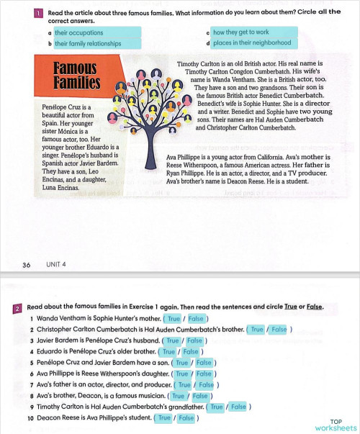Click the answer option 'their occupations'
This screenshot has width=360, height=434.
tap(79, 32)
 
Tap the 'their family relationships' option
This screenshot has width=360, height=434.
tap(90, 43)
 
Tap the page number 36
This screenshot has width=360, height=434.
tap(26, 266)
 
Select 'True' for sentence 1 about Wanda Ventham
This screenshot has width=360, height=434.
tap(173, 318)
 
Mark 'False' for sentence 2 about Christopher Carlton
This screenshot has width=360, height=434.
tap(279, 330)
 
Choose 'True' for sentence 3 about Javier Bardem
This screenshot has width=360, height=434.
tap(172, 341)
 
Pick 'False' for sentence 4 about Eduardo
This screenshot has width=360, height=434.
tap(191, 352)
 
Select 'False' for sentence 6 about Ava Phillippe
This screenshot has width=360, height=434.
tap(204, 374)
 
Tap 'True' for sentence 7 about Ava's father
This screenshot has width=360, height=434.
tap(186, 385)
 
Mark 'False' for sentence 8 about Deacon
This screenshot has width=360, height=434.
tap(200, 396)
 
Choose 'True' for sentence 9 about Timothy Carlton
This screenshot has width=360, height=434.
tap(217, 407)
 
